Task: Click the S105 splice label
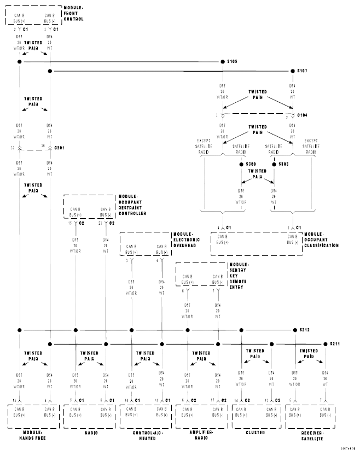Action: point(232,61)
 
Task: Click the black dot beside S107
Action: point(292,71)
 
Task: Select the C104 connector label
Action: point(302,116)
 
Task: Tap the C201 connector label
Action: point(60,148)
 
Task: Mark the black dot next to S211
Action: point(325,344)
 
